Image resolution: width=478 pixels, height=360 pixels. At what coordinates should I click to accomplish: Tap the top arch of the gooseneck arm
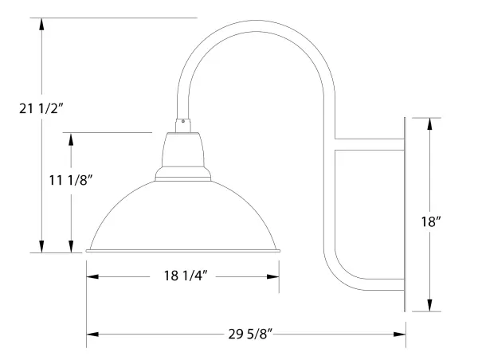pos(259,33)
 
